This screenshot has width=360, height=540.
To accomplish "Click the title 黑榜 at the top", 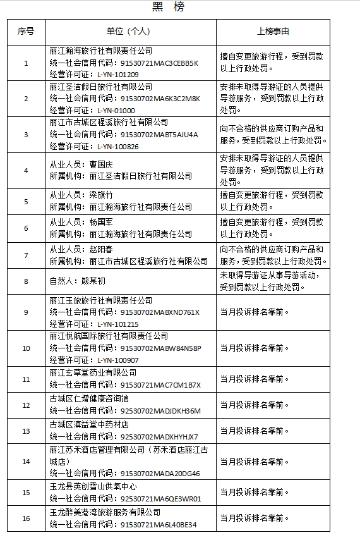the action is (x=169, y=8).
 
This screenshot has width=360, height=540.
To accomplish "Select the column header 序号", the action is (x=26, y=31).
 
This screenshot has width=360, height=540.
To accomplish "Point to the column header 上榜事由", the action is (x=273, y=31).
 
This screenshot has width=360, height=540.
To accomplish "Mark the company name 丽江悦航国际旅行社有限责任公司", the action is (x=109, y=336).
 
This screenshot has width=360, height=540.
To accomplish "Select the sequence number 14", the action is (x=26, y=462).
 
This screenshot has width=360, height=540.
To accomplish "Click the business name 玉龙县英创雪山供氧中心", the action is (x=93, y=486).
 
